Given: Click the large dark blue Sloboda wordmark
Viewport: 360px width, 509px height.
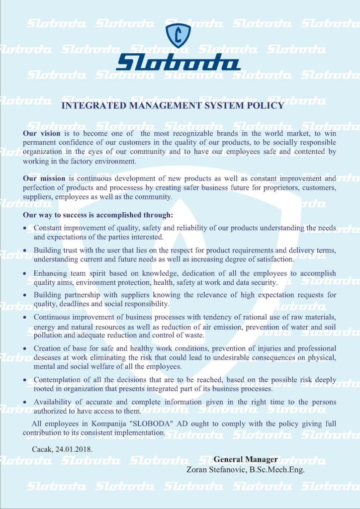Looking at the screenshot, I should (x=179, y=63).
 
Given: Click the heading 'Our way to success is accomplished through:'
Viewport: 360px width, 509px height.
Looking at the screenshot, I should (x=98, y=215).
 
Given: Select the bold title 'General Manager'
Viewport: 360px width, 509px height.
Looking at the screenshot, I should (x=246, y=459).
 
